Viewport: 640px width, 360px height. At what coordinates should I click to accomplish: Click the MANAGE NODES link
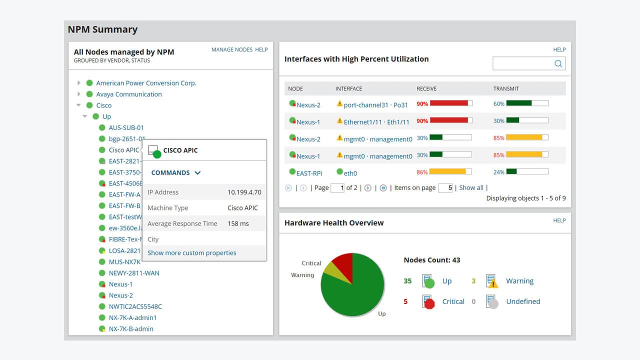coord(232,49)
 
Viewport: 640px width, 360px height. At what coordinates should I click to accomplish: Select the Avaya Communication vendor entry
coord(129,94)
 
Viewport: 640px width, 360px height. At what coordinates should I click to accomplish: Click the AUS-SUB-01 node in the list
coord(126,127)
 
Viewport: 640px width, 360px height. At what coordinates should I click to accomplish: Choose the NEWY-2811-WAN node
coord(134,273)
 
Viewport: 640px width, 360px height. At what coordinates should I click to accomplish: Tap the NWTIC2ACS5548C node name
coord(135,306)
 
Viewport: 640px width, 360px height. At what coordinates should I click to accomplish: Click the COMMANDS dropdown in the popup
coord(176,172)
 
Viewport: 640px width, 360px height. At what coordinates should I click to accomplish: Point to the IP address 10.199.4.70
coord(244,192)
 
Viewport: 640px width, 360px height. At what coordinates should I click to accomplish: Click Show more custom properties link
coord(191,253)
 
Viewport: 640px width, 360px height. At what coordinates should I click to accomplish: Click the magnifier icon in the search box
coord(558,63)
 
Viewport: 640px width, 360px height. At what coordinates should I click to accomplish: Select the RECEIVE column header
coord(426,88)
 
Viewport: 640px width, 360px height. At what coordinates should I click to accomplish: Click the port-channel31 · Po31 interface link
coord(375,105)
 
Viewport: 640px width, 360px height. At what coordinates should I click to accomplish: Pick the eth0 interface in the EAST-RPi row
coord(350,173)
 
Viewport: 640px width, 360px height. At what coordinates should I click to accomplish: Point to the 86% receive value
coord(422,172)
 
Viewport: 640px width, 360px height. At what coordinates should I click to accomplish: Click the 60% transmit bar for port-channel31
coord(527,103)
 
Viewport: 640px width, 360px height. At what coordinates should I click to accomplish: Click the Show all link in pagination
coord(471,187)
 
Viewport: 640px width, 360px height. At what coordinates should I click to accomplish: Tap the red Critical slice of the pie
coord(343,261)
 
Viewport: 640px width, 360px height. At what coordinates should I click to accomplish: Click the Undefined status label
coord(523,301)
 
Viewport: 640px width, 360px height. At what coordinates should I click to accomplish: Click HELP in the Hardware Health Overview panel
coord(559,220)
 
